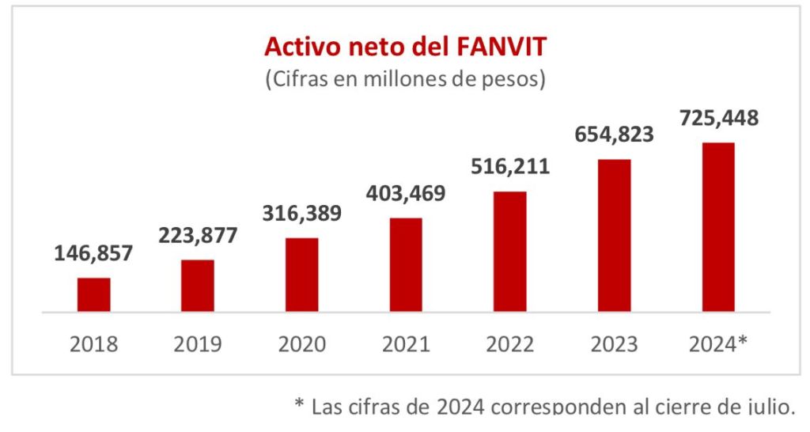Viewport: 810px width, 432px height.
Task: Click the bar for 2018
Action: pyautogui.click(x=93, y=294)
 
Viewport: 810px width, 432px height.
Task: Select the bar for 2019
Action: pyautogui.click(x=198, y=286)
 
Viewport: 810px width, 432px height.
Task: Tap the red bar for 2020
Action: pyautogui.click(x=301, y=275)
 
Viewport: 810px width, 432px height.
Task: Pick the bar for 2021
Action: pyautogui.click(x=406, y=264)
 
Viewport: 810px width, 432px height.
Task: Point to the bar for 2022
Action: pyautogui.click(x=510, y=252)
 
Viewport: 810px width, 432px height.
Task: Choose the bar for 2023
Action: pyautogui.click(x=614, y=235)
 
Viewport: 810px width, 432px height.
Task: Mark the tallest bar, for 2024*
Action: pyautogui.click(x=718, y=227)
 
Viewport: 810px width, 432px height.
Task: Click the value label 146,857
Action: pyautogui.click(x=93, y=254)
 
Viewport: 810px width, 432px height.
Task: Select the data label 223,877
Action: pyautogui.click(x=198, y=236)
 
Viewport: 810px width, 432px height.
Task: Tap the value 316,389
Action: pyautogui.click(x=302, y=214)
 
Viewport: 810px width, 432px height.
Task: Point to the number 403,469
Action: pyautogui.click(x=406, y=193)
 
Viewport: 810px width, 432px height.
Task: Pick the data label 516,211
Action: pyautogui.click(x=510, y=168)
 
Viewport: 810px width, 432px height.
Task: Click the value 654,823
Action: pyautogui.click(x=615, y=135)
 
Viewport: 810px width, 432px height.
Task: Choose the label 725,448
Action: pyautogui.click(x=719, y=119)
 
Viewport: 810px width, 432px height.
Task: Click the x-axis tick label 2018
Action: pyautogui.click(x=93, y=344)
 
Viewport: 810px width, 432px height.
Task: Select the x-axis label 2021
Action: pyautogui.click(x=406, y=344)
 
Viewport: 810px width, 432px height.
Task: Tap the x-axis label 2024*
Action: pyautogui.click(x=718, y=344)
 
